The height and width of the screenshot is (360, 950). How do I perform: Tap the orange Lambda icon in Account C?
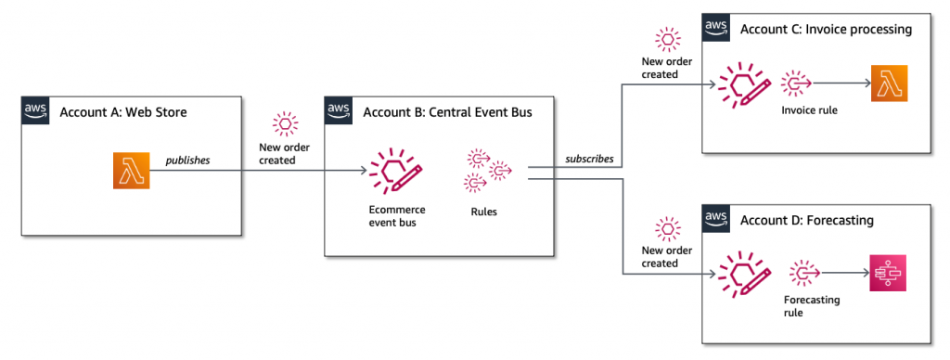[888, 84]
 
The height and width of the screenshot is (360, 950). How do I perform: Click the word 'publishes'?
[187, 161]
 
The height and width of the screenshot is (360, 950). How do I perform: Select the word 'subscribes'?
[589, 159]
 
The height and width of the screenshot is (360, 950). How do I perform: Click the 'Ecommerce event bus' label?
[396, 216]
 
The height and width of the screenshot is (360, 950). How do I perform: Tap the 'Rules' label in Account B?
[483, 212]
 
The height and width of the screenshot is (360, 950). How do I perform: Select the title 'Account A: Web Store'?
[123, 113]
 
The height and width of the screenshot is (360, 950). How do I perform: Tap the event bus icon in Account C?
[744, 86]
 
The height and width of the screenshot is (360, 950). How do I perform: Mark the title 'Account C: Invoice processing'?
[826, 29]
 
